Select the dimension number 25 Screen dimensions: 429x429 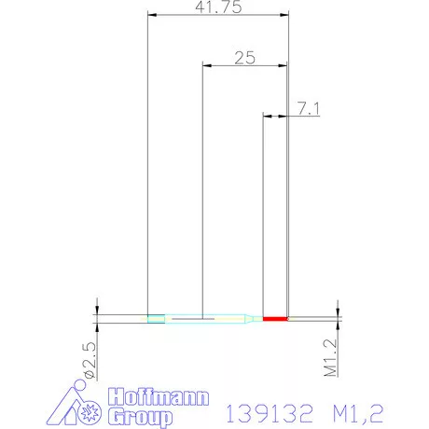point(244,57)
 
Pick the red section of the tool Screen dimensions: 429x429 point(275,319)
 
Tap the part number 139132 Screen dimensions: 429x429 point(270,411)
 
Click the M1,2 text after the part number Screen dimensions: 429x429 point(358,411)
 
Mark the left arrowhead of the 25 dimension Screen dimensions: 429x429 point(207,66)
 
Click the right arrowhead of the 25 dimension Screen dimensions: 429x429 point(283,66)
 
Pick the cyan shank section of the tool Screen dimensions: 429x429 point(201,319)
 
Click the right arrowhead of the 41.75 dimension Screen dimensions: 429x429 point(283,15)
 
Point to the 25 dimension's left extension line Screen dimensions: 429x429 point(202,187)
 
